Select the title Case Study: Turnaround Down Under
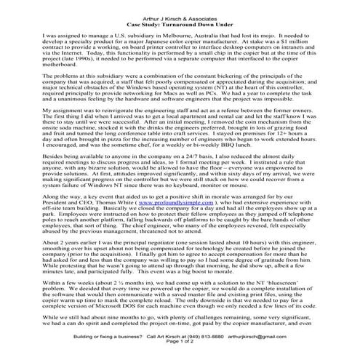(x=179, y=15)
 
